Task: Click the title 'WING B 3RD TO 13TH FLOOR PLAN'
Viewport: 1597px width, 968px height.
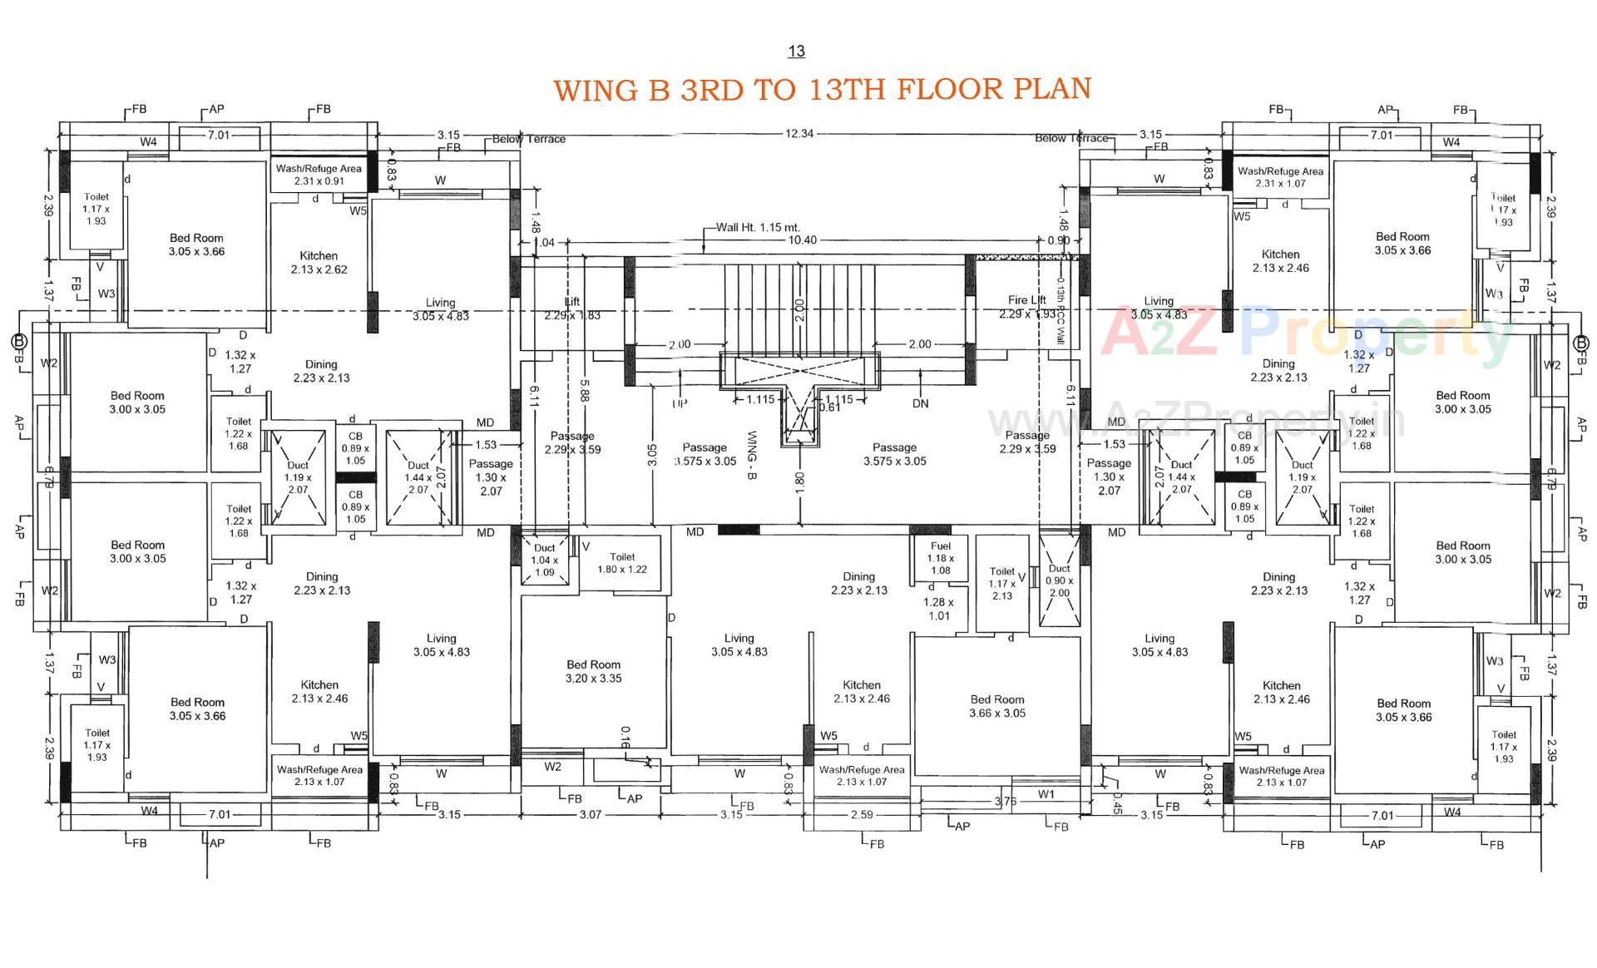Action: pos(822,89)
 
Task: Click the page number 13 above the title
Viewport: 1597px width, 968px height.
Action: pos(796,52)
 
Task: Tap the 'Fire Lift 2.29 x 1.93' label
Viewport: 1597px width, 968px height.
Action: pos(1026,307)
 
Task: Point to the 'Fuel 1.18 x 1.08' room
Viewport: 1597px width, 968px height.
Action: pos(940,558)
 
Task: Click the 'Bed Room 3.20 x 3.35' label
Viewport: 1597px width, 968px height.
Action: pos(593,671)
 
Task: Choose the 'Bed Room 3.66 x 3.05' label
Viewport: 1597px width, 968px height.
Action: pos(996,706)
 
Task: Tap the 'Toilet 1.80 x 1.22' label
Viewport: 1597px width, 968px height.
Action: pos(621,563)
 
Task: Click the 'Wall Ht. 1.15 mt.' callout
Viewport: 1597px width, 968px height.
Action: pos(758,227)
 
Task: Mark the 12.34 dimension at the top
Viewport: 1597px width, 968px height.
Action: pos(798,133)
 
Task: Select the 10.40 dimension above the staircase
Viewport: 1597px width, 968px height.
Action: pos(802,240)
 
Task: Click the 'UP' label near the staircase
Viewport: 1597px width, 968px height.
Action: pos(680,403)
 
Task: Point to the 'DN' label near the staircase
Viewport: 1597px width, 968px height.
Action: pos(920,403)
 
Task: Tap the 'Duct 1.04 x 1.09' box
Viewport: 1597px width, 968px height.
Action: pos(544,560)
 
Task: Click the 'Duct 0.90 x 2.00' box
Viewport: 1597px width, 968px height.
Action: pos(1059,580)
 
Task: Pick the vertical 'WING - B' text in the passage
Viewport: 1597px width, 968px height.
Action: pos(751,454)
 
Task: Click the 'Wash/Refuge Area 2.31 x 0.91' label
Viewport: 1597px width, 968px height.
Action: pos(319,175)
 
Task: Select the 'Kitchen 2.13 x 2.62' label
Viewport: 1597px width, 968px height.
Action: pos(319,263)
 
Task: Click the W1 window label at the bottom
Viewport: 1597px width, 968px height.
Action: pos(1046,794)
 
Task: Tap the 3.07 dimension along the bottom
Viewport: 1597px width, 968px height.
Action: pos(590,814)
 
